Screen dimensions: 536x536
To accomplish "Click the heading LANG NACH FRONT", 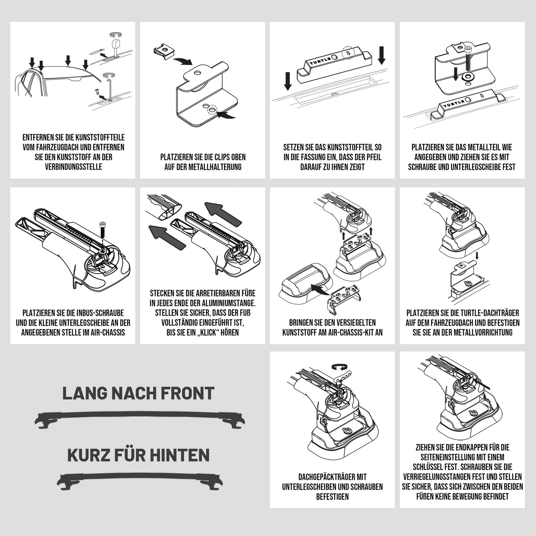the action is [x=138, y=393].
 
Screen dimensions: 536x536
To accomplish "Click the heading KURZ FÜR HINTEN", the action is [x=138, y=455].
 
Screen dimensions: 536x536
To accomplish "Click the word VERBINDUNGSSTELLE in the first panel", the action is [x=73, y=167].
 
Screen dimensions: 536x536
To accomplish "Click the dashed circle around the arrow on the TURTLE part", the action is [x=348, y=53].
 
